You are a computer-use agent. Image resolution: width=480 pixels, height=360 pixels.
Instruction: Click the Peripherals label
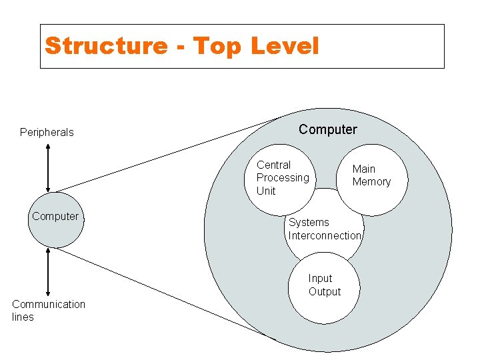[x=47, y=132]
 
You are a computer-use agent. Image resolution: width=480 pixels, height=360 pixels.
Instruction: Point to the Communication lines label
[x=48, y=311]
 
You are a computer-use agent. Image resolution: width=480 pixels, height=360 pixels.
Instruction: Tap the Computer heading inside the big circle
[x=327, y=129]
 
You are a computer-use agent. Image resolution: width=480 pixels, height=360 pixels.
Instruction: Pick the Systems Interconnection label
[x=325, y=229]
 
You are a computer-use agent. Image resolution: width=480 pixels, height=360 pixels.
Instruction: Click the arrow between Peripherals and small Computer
[x=48, y=167]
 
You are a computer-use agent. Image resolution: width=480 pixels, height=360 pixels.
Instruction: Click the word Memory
[x=371, y=182]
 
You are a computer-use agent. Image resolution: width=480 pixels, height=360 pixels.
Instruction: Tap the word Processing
[x=283, y=177]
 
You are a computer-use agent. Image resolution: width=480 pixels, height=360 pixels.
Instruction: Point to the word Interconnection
[x=325, y=235]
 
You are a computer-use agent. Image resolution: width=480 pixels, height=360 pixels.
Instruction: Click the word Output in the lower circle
[x=325, y=292]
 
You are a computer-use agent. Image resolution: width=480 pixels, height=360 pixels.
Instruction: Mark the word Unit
[x=266, y=191]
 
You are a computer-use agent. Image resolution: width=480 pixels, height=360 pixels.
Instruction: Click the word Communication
[x=49, y=304]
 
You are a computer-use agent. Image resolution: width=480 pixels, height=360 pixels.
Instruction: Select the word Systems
[x=309, y=222]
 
